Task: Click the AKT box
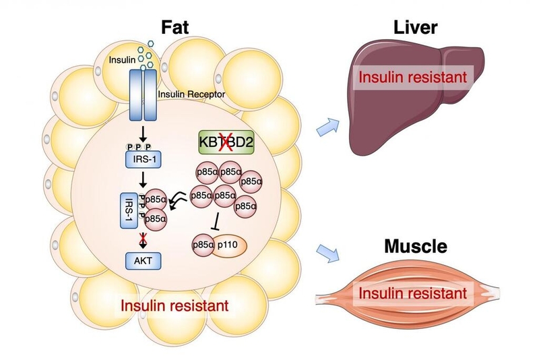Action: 142,259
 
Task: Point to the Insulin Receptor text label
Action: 191,95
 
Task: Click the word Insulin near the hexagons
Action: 122,61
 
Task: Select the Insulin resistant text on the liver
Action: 412,77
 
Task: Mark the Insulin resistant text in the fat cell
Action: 175,305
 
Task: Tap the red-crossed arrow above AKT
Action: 142,239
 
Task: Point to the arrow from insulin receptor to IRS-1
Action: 142,132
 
